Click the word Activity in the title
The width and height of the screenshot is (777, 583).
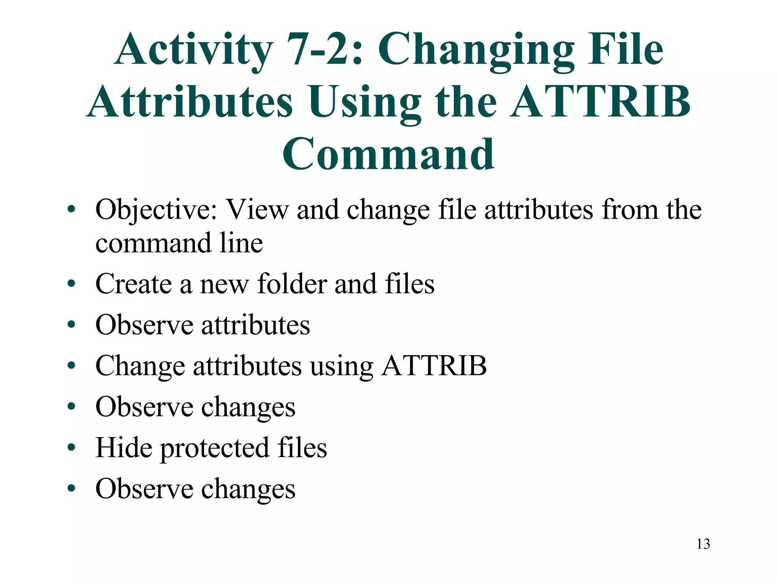click(x=193, y=50)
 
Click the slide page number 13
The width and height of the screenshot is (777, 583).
click(x=703, y=544)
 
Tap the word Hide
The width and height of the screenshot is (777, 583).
click(x=124, y=447)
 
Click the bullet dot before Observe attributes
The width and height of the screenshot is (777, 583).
click(x=71, y=325)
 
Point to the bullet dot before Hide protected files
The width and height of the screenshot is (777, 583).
click(x=71, y=448)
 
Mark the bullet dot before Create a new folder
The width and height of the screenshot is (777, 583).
click(x=71, y=284)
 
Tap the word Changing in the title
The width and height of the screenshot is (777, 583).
click(x=476, y=50)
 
